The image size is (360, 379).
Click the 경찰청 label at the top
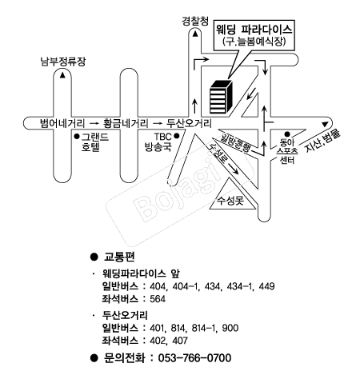click(x=195, y=21)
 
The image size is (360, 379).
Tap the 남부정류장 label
click(x=63, y=62)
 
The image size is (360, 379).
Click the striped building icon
click(x=221, y=97)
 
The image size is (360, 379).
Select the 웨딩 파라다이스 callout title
click(x=254, y=30)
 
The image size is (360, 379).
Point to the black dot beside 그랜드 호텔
click(x=77, y=137)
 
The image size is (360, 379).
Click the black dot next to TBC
click(x=176, y=136)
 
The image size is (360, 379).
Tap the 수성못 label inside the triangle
click(x=230, y=201)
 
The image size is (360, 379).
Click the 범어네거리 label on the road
click(x=62, y=123)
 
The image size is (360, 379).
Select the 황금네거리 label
click(x=126, y=123)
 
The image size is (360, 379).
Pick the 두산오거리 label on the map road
click(x=189, y=123)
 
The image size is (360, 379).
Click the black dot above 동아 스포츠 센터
click(x=287, y=134)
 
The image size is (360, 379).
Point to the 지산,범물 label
click(x=322, y=141)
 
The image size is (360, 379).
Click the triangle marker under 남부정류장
click(x=62, y=75)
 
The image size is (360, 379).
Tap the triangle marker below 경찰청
click(x=195, y=34)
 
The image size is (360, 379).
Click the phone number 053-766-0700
click(x=194, y=358)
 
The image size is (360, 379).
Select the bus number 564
click(x=158, y=299)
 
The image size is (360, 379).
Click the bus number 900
click(x=230, y=328)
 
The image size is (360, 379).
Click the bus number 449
click(x=266, y=286)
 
